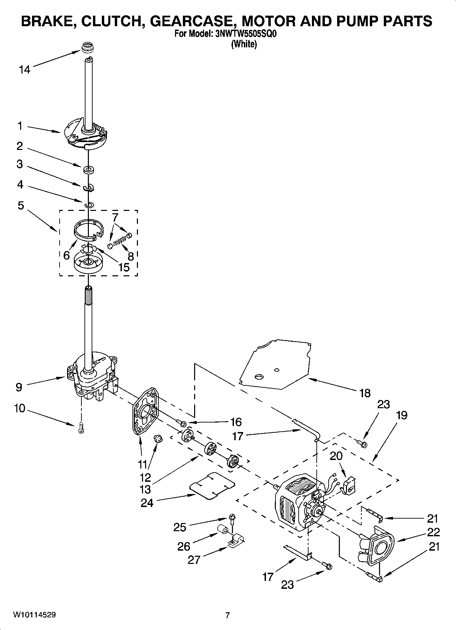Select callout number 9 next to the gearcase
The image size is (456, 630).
pos(19,387)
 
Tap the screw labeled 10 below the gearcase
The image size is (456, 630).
pos(81,428)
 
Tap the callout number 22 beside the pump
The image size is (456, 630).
pos(433,532)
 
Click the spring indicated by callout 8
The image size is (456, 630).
pos(117,242)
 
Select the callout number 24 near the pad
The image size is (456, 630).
pos(147,503)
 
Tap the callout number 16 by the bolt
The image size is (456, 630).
pos(236,422)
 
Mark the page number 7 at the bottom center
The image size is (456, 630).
pos(227,615)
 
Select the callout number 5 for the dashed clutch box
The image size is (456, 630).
pos(21,205)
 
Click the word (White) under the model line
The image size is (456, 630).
pos(244,44)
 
